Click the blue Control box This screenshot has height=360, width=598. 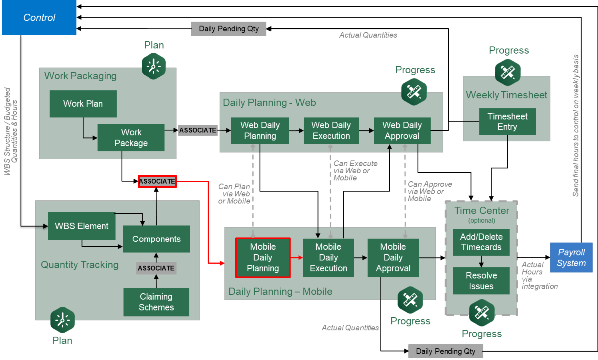click(x=39, y=18)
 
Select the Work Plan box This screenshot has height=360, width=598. click(x=83, y=104)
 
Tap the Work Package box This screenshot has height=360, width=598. click(x=131, y=138)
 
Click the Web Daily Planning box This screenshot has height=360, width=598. click(x=260, y=130)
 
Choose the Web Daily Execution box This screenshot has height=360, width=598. click(x=331, y=130)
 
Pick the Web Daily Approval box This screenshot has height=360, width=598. click(x=402, y=130)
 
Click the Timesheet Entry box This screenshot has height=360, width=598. click(x=507, y=121)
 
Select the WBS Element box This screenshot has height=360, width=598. click(x=82, y=226)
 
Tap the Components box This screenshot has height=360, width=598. click(x=156, y=239)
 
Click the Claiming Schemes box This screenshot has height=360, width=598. click(x=156, y=302)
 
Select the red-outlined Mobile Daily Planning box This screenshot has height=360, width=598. click(x=263, y=257)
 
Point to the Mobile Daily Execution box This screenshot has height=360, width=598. click(x=328, y=257)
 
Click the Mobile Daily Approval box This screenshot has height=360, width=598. click(x=393, y=257)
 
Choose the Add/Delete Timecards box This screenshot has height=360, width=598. click(x=481, y=242)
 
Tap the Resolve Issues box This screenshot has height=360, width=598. click(x=481, y=281)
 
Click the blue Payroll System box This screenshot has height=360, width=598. click(x=571, y=257)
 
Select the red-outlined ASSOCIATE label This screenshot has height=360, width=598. click(x=157, y=182)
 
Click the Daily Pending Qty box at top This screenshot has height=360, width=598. click(x=229, y=29)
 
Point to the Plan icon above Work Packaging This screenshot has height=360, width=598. click(x=153, y=66)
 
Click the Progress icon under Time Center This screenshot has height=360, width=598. click(x=481, y=312)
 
